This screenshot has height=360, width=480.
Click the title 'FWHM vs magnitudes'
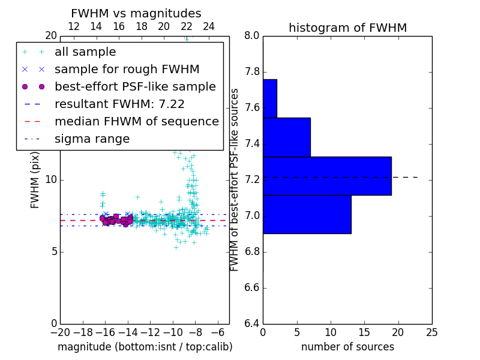[x=136, y=13]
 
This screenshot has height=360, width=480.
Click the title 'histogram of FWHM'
[x=347, y=28]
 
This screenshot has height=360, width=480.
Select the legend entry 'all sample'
[x=85, y=52]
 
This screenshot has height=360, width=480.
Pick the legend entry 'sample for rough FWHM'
[x=127, y=69]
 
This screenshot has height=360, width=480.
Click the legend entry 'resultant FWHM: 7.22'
[x=119, y=104]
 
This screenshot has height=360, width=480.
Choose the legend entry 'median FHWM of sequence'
[x=136, y=121]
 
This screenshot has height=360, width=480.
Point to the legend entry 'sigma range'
[x=92, y=139]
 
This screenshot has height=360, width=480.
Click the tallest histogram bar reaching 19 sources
[x=327, y=176]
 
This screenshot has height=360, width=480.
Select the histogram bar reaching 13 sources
[x=307, y=214]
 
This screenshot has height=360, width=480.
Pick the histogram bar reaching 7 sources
[x=286, y=137]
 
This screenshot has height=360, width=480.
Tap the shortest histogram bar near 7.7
[x=269, y=98]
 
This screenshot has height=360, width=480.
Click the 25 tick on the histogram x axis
[x=431, y=332]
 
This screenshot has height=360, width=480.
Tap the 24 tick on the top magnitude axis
[x=209, y=26]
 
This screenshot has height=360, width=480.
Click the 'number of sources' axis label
[x=347, y=347]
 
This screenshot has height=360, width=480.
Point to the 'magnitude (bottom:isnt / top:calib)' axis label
[x=145, y=347]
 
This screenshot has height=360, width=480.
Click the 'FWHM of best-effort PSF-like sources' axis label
[x=235, y=179]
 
